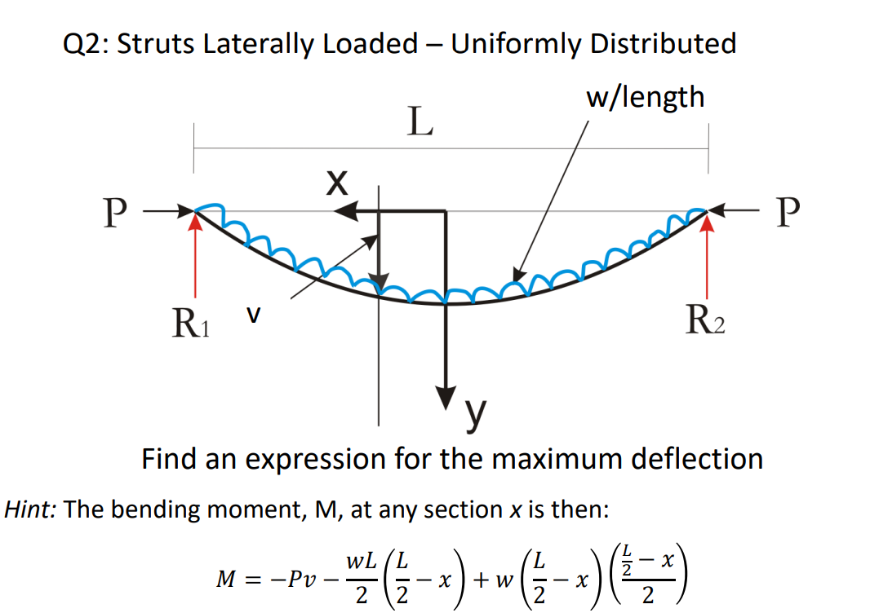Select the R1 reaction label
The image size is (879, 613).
click(192, 324)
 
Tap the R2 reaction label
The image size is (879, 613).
click(706, 324)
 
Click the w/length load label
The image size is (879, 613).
click(645, 97)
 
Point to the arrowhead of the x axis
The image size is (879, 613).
click(345, 211)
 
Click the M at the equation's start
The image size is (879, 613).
click(225, 580)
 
